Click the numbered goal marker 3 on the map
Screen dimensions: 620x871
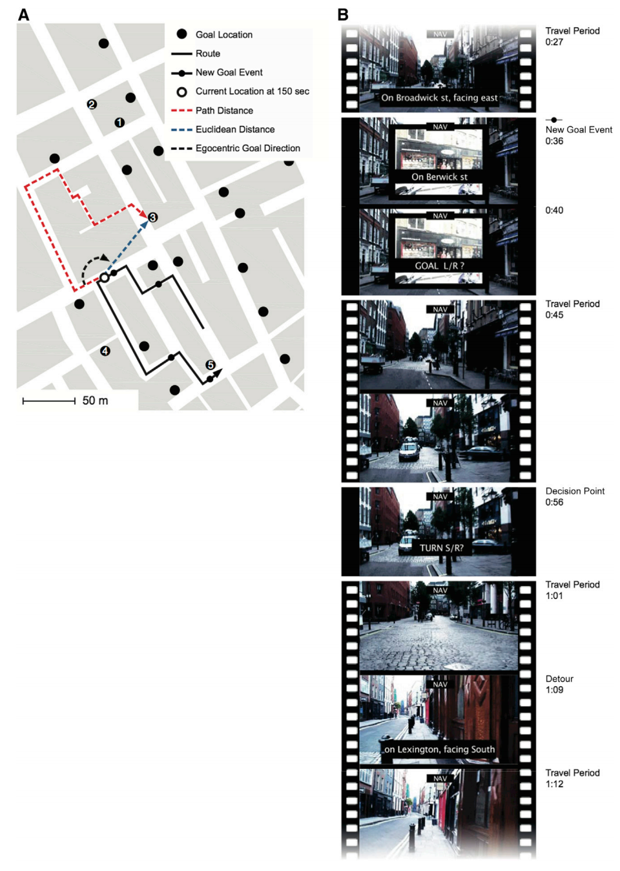pyautogui.click(x=152, y=217)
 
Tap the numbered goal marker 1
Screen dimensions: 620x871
pyautogui.click(x=119, y=123)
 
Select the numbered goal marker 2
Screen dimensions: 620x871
pyautogui.click(x=92, y=104)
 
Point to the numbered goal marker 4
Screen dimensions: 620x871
pyautogui.click(x=105, y=351)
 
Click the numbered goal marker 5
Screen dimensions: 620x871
pyautogui.click(x=211, y=365)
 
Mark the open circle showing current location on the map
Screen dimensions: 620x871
pyautogui.click(x=104, y=278)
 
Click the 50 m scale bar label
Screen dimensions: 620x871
pyautogui.click(x=95, y=401)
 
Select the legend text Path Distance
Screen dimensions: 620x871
pyautogui.click(x=224, y=110)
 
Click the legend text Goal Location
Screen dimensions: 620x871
pyautogui.click(x=224, y=35)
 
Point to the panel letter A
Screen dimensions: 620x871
pyautogui.click(x=24, y=15)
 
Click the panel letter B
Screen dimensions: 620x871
pyautogui.click(x=343, y=15)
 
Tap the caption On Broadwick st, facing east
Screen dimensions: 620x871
pyautogui.click(x=439, y=98)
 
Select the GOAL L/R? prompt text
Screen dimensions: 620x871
pyautogui.click(x=440, y=266)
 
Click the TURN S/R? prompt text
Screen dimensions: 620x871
pyautogui.click(x=442, y=549)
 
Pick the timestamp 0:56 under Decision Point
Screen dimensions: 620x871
pyautogui.click(x=554, y=502)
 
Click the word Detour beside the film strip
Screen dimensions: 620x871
pyautogui.click(x=559, y=679)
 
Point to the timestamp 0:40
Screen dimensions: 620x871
pyautogui.click(x=554, y=211)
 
